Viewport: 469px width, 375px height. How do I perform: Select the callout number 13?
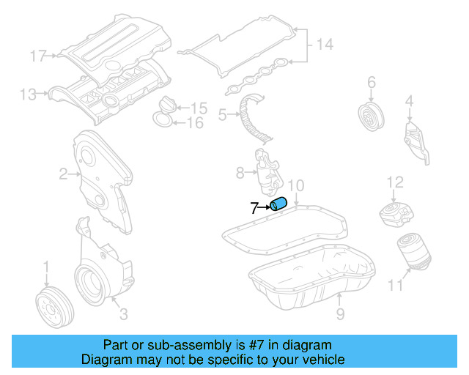28,94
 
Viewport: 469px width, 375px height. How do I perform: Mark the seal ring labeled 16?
164,119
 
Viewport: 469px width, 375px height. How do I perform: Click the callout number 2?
64,174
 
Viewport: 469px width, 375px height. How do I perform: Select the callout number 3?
123,314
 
